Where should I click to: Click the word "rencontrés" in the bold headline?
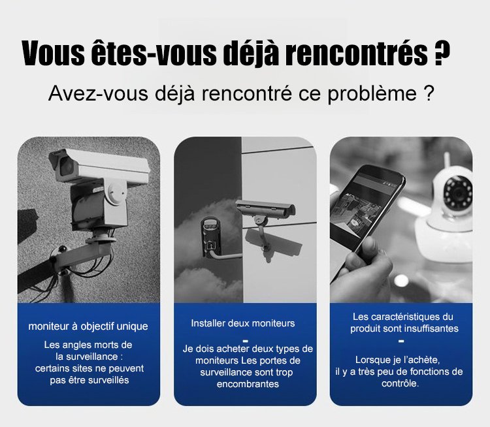coord(357,53)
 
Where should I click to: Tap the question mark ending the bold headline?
coord(442,53)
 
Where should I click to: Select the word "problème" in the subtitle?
coord(372,93)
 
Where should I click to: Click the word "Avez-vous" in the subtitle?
coord(98,93)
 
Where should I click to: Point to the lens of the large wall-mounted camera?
coord(66,165)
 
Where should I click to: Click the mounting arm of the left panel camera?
coord(74,253)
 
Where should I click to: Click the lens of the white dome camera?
coord(459,191)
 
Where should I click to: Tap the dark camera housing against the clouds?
coord(211,238)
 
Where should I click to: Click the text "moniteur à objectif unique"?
coord(88,326)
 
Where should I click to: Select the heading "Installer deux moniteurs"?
coord(243,323)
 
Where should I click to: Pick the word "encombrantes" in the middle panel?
coord(248,383)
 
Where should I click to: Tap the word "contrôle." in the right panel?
coord(400,383)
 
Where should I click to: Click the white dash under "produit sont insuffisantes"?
coord(401,341)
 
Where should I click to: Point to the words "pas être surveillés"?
coord(90,380)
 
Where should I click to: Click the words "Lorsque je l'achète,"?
coord(397,360)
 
